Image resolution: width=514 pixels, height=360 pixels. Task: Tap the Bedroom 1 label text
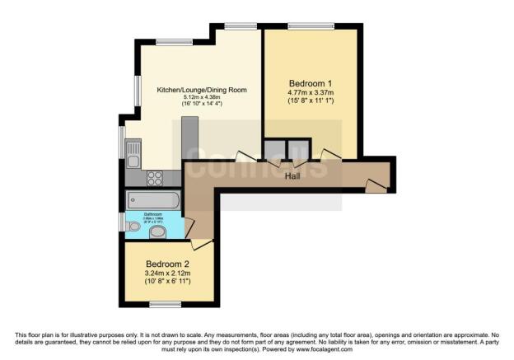point(311,83)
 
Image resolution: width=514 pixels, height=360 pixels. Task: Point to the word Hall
point(292,176)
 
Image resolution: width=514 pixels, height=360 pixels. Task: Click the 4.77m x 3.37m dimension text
point(311,94)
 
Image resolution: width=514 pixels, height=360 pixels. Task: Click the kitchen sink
point(133,151)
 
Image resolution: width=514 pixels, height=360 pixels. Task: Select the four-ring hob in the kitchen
point(154,177)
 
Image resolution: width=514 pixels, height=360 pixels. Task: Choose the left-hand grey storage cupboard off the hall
point(273,150)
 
